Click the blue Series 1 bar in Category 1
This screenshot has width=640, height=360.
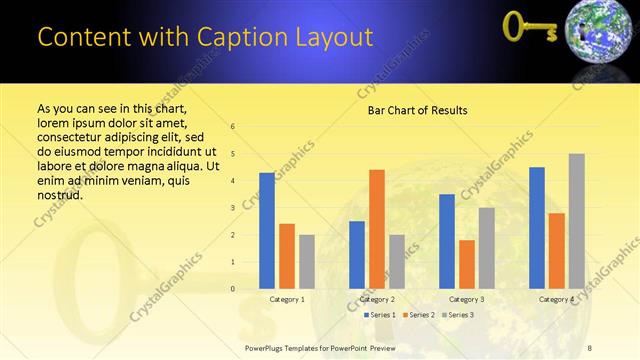266,231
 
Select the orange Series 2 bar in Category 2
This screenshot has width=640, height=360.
376,229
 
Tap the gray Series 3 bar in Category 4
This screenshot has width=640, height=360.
576,221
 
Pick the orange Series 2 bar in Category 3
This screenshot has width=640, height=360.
466,264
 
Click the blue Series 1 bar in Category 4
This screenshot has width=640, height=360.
537,228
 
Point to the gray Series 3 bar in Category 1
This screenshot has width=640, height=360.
306,262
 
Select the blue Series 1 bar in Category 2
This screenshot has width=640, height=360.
357,255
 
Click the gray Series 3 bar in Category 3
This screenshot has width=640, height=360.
486,248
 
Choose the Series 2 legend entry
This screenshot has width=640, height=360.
418,315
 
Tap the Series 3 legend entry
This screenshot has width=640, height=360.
457,315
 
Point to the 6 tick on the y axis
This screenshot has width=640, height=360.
232,127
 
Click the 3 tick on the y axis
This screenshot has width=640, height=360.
232,208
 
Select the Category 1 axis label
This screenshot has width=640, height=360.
287,299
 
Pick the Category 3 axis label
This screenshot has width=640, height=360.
467,299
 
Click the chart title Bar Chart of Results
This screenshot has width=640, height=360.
411,109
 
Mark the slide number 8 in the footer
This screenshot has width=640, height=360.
589,347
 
